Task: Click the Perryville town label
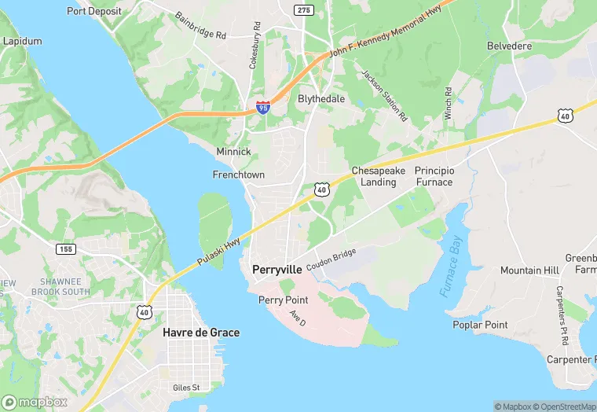point(277,269)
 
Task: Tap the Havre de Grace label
point(201,333)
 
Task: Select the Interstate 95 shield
point(263,107)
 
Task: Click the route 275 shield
point(305,9)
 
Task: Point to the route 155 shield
point(66,248)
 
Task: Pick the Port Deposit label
point(94,11)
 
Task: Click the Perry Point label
point(284,300)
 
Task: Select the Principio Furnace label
point(434,176)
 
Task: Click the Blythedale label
point(321,99)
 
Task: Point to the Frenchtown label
point(238,175)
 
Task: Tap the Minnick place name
point(233,151)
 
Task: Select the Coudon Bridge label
point(331,261)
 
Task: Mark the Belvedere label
point(509,46)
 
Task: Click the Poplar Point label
point(480,325)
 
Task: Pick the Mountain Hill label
point(529,270)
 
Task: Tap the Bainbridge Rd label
point(200,26)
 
